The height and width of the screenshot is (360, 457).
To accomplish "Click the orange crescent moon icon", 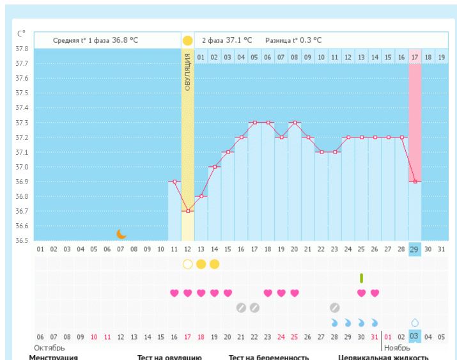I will click(x=121, y=233).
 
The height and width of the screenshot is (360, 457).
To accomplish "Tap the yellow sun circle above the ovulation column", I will click(x=187, y=40).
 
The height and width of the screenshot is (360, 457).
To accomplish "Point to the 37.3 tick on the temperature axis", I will click(x=22, y=123).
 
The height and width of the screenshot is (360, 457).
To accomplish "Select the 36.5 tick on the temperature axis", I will click(x=22, y=240).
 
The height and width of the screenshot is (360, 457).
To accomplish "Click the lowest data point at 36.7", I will click(x=187, y=211).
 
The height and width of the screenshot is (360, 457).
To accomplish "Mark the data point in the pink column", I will click(x=415, y=182).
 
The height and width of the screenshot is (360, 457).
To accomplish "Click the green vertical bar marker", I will click(x=362, y=278).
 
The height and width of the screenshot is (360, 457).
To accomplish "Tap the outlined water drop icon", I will click(x=415, y=323).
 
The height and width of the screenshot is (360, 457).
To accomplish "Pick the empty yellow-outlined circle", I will click(x=187, y=264).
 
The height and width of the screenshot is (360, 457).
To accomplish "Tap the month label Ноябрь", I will click(x=397, y=348).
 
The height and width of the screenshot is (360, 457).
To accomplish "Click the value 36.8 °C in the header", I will click(x=125, y=40).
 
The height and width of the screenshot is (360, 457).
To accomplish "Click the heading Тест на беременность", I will click(x=268, y=357).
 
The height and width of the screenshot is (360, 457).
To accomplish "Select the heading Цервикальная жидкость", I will click(x=383, y=357).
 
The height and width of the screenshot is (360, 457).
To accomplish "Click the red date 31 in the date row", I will click(x=375, y=336).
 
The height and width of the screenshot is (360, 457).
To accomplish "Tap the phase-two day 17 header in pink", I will click(x=415, y=57).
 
